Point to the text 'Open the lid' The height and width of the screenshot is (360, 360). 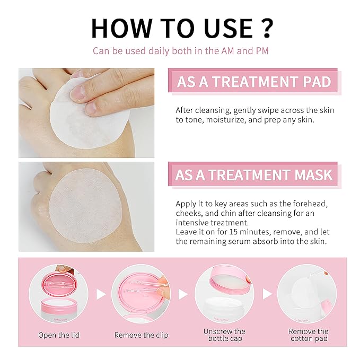coord(59,335)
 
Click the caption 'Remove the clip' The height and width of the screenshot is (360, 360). coord(141,335)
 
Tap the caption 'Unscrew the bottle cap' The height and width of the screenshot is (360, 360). coord(225,335)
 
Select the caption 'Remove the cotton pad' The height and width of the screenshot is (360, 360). coord(309,335)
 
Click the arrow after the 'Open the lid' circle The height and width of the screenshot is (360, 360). coord(101,294)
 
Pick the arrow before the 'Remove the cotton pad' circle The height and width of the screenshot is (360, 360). coord(267,294)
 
